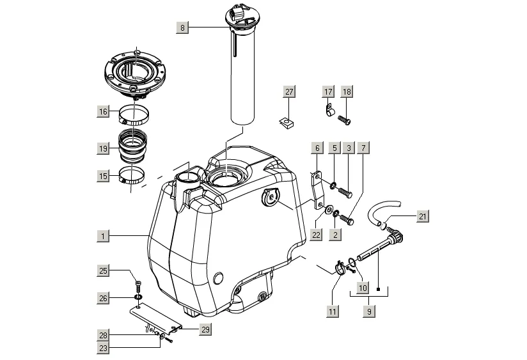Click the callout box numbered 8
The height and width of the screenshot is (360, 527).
(182, 27)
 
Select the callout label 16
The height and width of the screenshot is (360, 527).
(103, 112)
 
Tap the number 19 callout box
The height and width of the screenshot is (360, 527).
(103, 148)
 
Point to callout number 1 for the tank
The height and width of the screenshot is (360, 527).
(103, 236)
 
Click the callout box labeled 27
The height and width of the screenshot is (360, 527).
(289, 92)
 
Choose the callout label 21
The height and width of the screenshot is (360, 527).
(423, 216)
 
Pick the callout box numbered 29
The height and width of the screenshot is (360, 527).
(205, 330)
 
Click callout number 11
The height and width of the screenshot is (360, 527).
(332, 311)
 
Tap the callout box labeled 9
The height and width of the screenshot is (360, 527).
(369, 311)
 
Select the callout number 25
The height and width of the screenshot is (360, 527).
(103, 270)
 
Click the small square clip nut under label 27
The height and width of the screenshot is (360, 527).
(286, 123)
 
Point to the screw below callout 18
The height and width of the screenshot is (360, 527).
(344, 120)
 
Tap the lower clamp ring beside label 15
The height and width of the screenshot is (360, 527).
(133, 175)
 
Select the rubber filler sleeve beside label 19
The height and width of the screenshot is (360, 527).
(133, 145)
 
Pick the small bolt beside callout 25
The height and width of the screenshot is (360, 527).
(138, 286)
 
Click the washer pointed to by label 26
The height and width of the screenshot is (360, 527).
(138, 297)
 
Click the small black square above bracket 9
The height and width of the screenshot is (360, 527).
(378, 290)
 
